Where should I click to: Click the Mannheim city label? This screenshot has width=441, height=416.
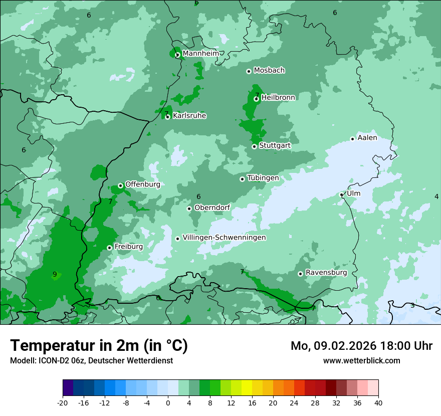click(x=200, y=54)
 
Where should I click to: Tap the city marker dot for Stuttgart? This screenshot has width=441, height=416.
click(x=255, y=146)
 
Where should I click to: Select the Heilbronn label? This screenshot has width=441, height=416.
click(x=278, y=98)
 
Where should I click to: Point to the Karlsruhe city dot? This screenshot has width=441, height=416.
click(x=168, y=117)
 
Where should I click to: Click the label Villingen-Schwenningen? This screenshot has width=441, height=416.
click(x=224, y=238)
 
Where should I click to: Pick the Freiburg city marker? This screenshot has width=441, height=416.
click(x=110, y=248)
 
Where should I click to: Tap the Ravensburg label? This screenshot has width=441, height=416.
click(x=326, y=273)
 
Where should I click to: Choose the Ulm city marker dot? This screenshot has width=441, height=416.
click(x=342, y=194)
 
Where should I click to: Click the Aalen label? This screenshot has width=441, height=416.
click(x=367, y=138)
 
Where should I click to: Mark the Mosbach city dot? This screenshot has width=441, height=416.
click(x=249, y=71)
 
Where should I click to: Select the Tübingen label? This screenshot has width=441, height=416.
click(x=263, y=178)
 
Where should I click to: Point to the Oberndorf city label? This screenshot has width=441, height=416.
click(x=212, y=207)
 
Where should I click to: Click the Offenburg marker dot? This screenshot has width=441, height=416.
click(x=121, y=185)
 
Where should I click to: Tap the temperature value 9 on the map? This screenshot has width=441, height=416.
click(x=55, y=274)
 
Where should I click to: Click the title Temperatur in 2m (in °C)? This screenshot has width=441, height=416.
click(x=99, y=346)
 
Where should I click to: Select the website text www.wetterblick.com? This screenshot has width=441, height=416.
click(x=361, y=360)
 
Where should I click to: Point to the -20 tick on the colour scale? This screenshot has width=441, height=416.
click(x=63, y=402)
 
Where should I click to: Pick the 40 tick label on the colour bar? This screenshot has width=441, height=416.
click(x=378, y=402)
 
